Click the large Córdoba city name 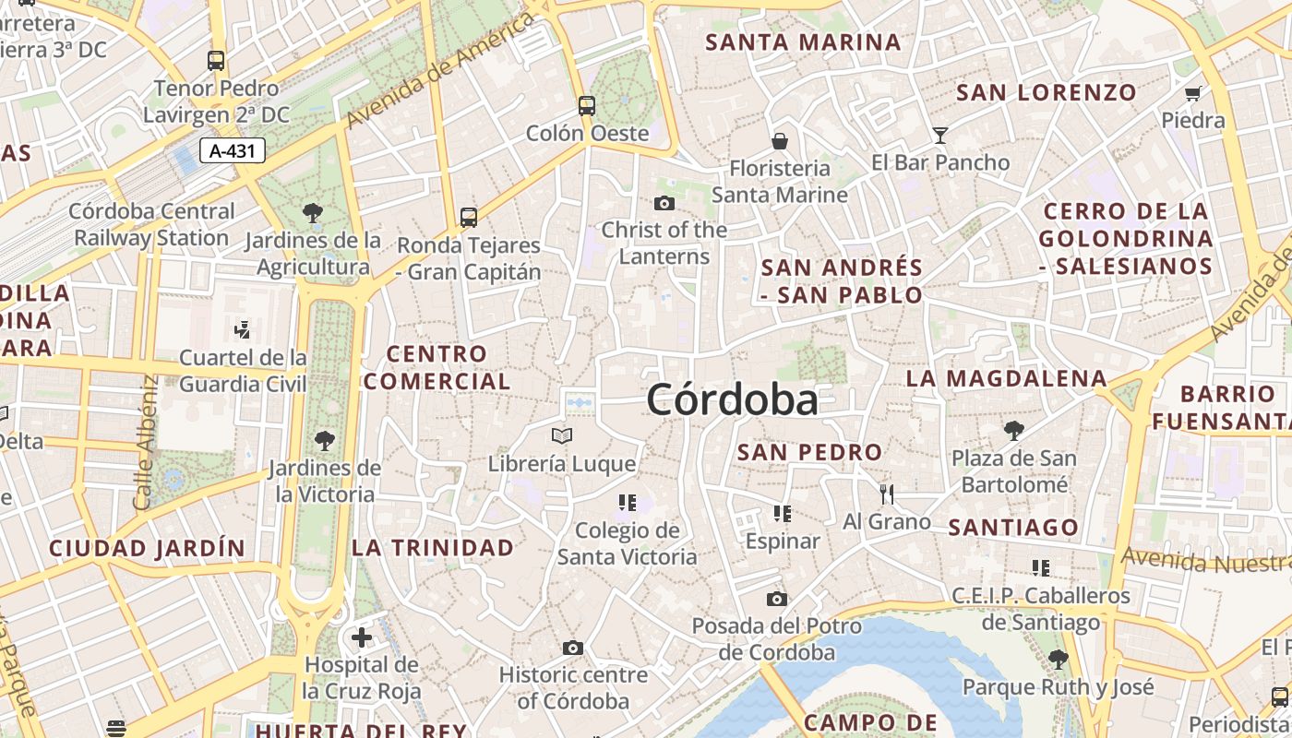(x=732, y=400)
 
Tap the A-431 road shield (x=233, y=150)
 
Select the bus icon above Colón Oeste (x=587, y=105)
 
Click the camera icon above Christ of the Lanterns (x=664, y=203)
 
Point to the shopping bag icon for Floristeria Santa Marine (x=780, y=141)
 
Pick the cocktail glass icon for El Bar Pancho (x=939, y=136)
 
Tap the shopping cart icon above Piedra (x=1192, y=93)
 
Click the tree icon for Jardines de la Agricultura (x=313, y=213)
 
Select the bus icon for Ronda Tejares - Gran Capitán (x=469, y=218)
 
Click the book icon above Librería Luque (x=562, y=435)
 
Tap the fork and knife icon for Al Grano (x=887, y=494)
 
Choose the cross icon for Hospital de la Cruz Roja (x=362, y=637)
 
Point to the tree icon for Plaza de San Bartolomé (x=1013, y=430)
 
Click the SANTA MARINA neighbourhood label (x=803, y=42)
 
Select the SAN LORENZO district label (x=1047, y=92)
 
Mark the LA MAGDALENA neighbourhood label (x=1006, y=378)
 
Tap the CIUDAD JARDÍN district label (x=148, y=549)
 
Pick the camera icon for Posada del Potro (x=777, y=599)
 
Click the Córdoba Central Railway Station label (x=152, y=224)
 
